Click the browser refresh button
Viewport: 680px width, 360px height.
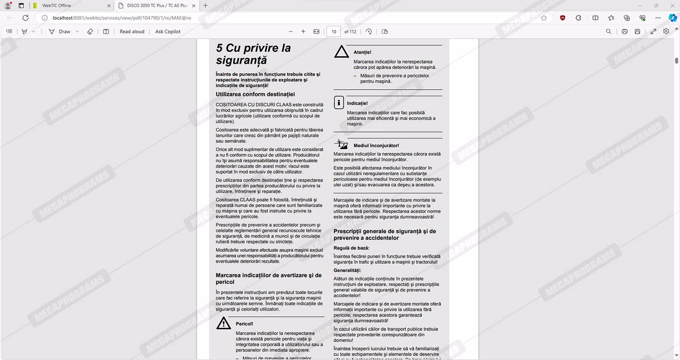(x=25, y=18)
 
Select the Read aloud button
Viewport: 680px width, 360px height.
(x=132, y=31)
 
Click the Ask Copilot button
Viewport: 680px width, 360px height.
(x=168, y=31)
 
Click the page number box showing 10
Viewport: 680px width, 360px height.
(x=334, y=31)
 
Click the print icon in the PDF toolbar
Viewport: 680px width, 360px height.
(x=624, y=31)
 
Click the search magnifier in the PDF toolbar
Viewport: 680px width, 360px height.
(x=608, y=31)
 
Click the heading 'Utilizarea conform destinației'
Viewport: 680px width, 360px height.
(x=255, y=94)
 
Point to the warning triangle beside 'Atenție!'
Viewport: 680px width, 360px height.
(x=341, y=52)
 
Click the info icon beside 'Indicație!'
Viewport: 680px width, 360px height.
(x=339, y=103)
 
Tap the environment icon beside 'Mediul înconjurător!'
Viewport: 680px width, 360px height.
(x=341, y=144)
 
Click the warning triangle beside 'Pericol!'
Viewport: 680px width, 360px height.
(x=224, y=323)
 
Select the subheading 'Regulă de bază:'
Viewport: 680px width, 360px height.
(x=351, y=248)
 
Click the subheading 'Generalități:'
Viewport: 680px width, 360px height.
(x=347, y=270)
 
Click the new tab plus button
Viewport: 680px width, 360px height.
(x=206, y=5)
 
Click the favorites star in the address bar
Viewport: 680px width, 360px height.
(x=544, y=18)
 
